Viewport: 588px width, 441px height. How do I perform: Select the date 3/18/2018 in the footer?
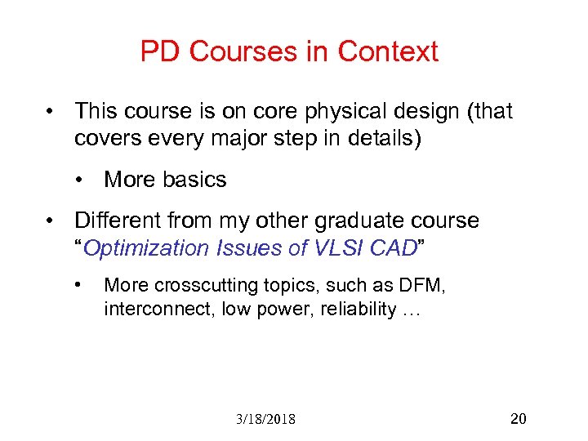[x=265, y=420]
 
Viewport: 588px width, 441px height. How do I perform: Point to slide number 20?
[x=518, y=419]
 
